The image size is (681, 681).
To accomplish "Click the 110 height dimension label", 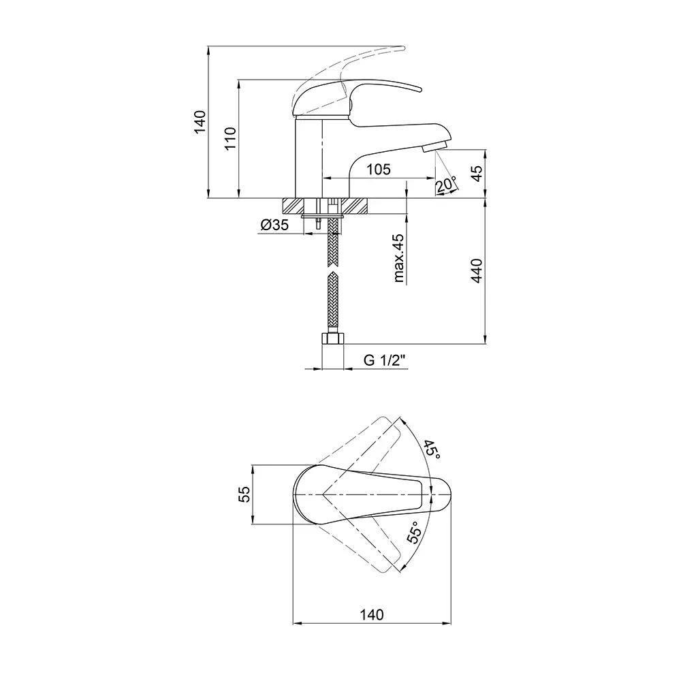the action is point(230,138).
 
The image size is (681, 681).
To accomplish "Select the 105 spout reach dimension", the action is point(379,169).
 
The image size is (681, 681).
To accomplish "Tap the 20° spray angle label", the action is point(445,184).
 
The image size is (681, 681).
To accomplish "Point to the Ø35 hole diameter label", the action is point(274,225).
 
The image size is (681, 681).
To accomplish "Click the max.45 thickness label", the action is point(398,258).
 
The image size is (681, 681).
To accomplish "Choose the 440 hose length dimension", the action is point(477,270).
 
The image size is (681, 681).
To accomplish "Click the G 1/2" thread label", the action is point(384,360).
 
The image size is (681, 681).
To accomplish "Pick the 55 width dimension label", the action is point(244,494).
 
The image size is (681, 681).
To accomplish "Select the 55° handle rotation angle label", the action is point(414,533).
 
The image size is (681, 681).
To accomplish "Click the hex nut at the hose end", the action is point(332,338).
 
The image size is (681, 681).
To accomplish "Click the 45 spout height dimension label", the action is point(477,174).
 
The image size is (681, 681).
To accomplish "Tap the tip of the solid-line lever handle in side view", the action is point(422,90).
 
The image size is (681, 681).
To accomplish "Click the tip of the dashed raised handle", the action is point(403,48).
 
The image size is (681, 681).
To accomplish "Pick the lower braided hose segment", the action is point(333,302).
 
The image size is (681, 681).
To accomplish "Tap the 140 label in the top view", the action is point(372,614).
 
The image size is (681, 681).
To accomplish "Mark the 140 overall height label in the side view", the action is point(200,122).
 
